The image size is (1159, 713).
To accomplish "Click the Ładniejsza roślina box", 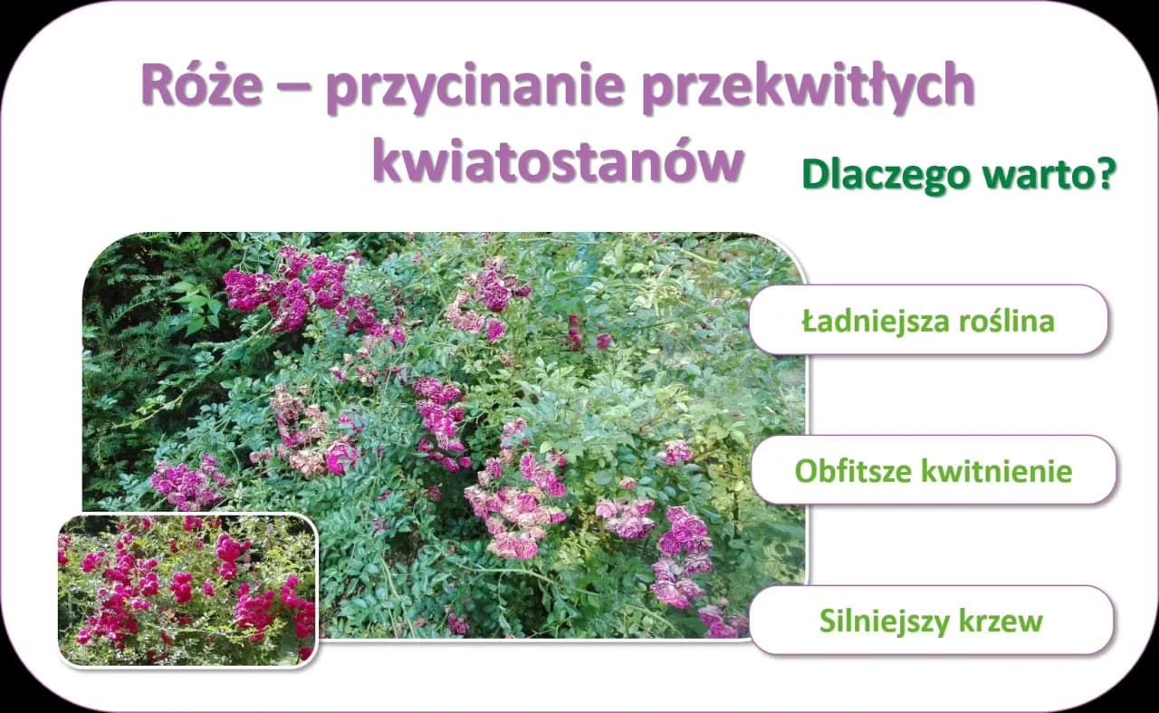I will tap(928, 320).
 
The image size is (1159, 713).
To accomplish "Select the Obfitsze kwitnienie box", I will tap(933, 470).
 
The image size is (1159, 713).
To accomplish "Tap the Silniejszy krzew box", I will tap(931, 621).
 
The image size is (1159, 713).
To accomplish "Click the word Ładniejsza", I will tap(872, 321).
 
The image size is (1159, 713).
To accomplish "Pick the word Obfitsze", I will tap(853, 471).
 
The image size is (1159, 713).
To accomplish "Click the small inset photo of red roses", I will tap(187, 590).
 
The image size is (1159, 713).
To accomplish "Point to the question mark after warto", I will tap(1103, 174).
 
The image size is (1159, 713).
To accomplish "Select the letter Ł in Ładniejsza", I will tap(809, 321).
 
